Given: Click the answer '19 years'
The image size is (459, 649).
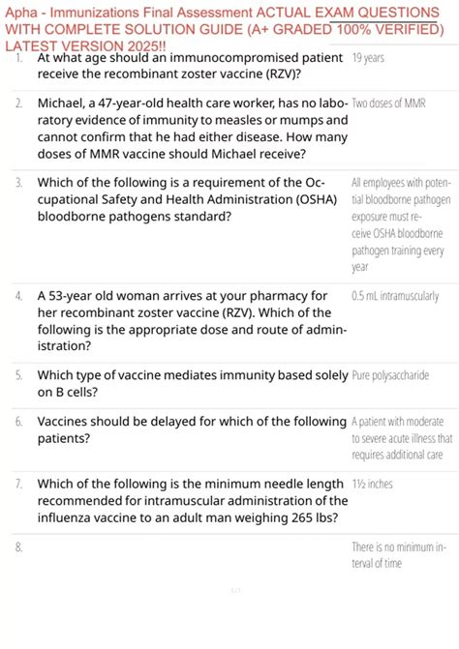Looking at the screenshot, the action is pos(368,59).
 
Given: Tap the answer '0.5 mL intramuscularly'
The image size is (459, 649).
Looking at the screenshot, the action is pos(394,296).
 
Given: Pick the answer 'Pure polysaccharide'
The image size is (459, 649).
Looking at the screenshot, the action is pos(390,375).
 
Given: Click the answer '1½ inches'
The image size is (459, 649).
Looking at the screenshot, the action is pos(372,484).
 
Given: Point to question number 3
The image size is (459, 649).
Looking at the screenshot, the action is pos(19,182).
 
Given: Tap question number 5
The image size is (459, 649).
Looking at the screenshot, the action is pos(19,374).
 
